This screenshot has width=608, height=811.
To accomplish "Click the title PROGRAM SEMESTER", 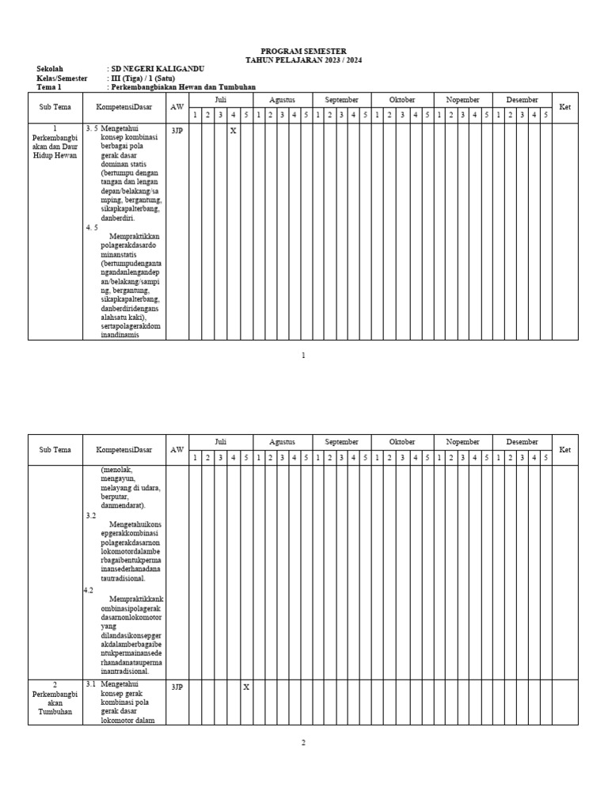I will coord(303,51).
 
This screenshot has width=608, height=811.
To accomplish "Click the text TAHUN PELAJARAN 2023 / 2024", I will coord(303,60).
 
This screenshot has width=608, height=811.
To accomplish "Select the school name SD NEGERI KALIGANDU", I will coord(158,69).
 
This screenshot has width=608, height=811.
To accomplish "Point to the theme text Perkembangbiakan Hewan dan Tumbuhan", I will coord(184,87).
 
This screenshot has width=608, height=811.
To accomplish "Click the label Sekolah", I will coord(49,69).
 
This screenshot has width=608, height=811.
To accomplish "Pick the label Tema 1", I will coord(49,87).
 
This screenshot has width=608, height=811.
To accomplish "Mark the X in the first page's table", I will coord(233,131).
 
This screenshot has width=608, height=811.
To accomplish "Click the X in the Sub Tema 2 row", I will coord(245,687).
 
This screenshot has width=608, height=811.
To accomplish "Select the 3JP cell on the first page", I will coord(177,131).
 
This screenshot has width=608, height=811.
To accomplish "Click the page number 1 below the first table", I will coord(303,356).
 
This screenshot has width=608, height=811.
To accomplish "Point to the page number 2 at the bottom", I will coord(303,742).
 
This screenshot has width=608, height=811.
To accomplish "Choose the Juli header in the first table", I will coord(220,100).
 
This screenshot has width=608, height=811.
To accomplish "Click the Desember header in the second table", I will coord(522,442).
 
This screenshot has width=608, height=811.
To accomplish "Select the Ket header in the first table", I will coord(564,107).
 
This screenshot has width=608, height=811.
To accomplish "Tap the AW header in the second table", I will coord(177,450).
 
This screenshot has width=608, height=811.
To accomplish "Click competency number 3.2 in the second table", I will coord(91,516).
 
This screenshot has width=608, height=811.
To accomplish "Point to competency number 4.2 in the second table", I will coord(89,590).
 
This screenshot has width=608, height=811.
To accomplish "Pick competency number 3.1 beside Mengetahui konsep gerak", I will coord(91,683).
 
